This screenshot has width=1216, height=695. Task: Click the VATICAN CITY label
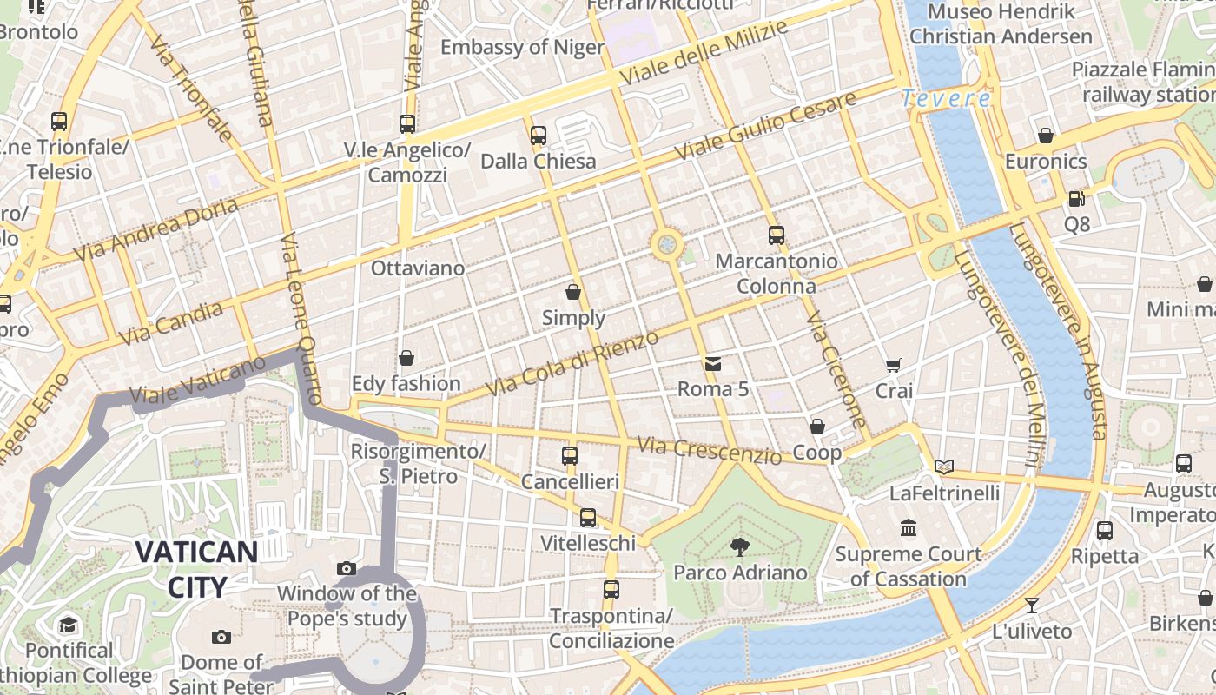[x=196, y=569]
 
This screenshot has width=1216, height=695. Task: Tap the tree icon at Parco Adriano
[x=740, y=546]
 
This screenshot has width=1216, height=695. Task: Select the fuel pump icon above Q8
[x=1076, y=199]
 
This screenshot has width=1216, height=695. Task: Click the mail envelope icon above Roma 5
[x=713, y=363]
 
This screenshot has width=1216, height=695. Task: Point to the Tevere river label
[x=946, y=99]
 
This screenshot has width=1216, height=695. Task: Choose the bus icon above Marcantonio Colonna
[x=777, y=235]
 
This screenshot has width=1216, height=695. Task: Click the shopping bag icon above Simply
[x=573, y=292]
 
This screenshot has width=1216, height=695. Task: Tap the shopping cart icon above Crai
[x=894, y=366]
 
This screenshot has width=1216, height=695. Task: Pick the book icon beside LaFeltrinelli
[x=944, y=467]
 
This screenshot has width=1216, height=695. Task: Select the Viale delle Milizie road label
[x=704, y=52]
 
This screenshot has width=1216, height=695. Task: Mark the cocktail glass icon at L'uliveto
[x=1032, y=605]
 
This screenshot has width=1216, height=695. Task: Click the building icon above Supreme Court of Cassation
[x=909, y=527]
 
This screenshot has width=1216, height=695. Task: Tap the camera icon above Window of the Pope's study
[x=347, y=569]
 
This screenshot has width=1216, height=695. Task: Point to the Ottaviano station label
[x=418, y=268]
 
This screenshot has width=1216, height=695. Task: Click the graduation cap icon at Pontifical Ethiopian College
[x=69, y=625]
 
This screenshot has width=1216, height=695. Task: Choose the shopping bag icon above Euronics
[x=1046, y=136]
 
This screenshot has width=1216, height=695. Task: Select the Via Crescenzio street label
[x=709, y=450]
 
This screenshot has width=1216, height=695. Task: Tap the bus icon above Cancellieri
[x=570, y=455]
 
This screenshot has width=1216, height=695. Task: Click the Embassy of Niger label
[x=522, y=47]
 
